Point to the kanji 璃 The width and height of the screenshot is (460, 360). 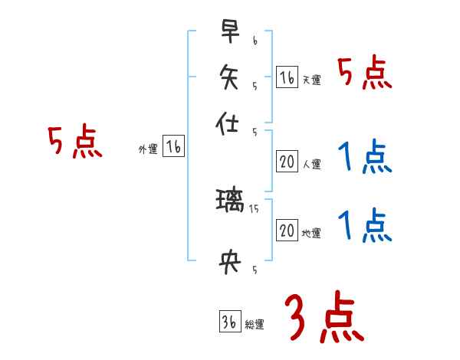click(230, 203)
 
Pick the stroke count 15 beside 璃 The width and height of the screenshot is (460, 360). click(256, 208)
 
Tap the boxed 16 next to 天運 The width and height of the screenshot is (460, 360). click(287, 77)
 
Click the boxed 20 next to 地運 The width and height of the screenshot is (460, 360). click(287, 230)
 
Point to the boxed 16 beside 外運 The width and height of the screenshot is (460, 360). click(173, 147)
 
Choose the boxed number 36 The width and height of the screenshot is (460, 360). click(228, 322)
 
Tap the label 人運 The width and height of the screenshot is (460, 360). click(311, 164)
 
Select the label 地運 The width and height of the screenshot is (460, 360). click(311, 233)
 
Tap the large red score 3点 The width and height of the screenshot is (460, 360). click(324, 318)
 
